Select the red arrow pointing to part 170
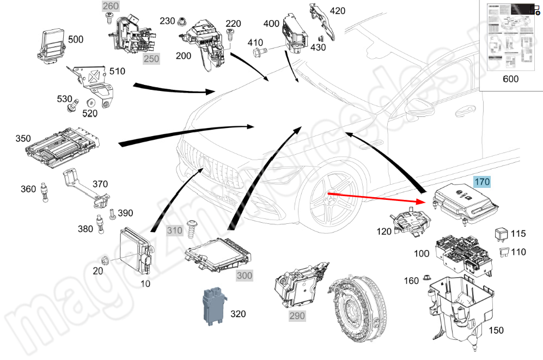376,197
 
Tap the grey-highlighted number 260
111,7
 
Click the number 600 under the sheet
510,79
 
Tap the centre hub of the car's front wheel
328,194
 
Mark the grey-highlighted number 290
297,315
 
